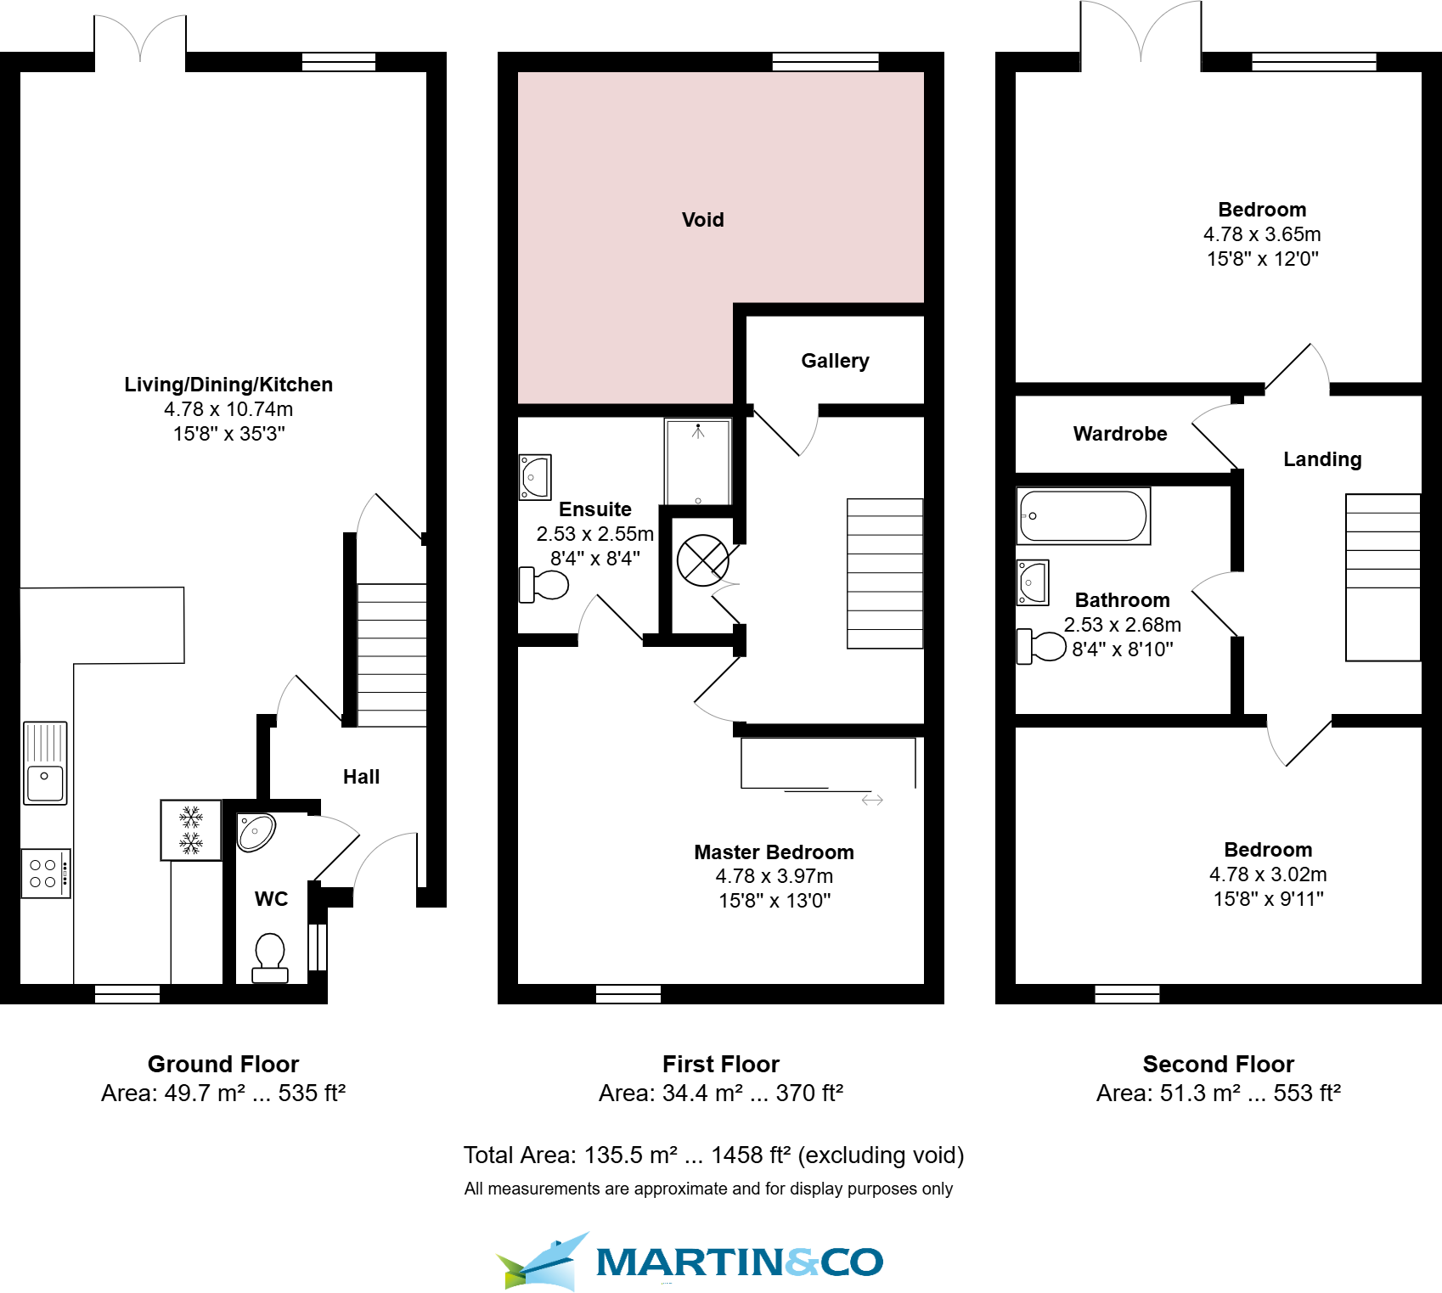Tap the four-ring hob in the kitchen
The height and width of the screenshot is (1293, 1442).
(45, 873)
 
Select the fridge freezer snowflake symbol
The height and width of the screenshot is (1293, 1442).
(191, 829)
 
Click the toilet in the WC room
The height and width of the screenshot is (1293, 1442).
(270, 958)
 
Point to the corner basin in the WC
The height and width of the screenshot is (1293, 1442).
(256, 832)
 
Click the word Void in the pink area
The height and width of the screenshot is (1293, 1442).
(702, 220)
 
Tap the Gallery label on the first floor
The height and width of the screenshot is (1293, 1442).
(835, 361)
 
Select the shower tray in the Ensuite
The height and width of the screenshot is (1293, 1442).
(698, 463)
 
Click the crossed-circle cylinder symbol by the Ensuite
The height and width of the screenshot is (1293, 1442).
(702, 560)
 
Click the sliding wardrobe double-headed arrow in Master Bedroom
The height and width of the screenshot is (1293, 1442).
(872, 800)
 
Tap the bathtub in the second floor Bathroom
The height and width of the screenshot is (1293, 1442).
(1083, 515)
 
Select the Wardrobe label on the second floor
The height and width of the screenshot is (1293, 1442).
(1119, 434)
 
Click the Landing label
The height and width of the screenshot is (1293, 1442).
(1321, 459)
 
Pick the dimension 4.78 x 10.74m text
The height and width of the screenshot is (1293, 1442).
(228, 409)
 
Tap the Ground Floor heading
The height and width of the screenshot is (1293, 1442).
(223, 1064)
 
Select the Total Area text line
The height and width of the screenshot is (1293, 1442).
(713, 1155)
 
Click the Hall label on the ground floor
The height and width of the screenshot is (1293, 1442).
(361, 777)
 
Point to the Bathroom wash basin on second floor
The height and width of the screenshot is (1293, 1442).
(1033, 582)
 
